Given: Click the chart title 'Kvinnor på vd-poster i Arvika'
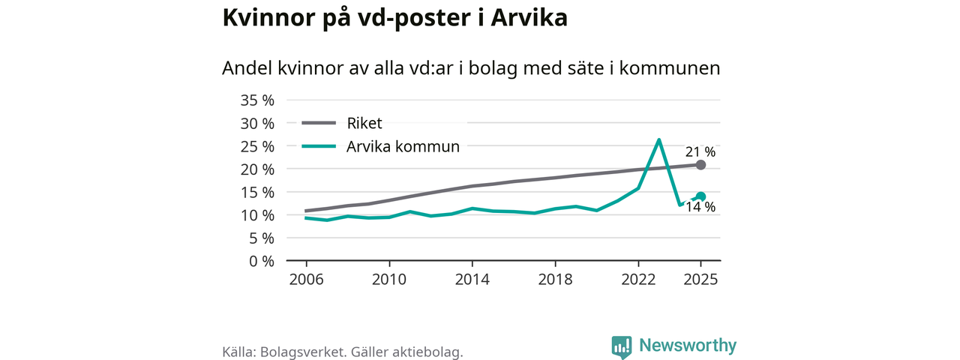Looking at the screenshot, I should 394,19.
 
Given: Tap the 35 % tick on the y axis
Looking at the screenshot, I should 256,100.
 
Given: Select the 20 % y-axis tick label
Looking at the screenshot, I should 256,169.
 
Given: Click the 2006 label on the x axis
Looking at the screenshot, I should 306,280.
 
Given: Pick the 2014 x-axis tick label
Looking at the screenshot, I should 472,280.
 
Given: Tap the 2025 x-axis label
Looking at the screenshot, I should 700,280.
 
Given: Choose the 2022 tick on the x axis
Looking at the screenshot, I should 637,280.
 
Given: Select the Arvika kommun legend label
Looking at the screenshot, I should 403,147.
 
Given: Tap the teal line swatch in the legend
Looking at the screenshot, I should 318,147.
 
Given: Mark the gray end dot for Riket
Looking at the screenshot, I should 700,165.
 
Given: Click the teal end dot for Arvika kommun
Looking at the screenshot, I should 700,196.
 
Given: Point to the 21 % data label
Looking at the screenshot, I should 700,152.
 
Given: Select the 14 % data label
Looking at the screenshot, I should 700,208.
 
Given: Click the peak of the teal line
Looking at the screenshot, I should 658,140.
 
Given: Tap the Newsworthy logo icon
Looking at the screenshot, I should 621,346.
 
